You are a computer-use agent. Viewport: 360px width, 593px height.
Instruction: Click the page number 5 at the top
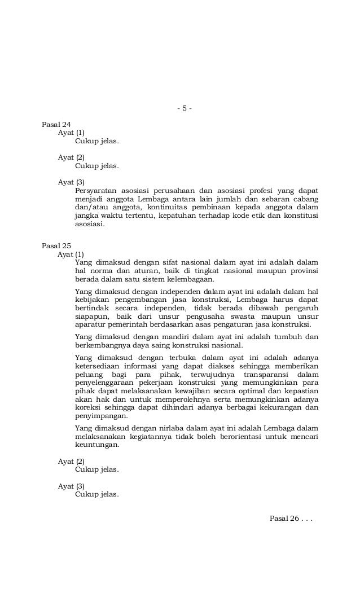click(x=184, y=108)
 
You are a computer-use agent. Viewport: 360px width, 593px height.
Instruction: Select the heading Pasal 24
click(x=56, y=124)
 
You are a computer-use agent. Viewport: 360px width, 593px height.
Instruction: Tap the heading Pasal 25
click(x=56, y=246)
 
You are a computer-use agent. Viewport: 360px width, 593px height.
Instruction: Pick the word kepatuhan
click(x=179, y=216)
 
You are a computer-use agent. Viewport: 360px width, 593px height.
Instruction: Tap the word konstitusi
click(x=299, y=216)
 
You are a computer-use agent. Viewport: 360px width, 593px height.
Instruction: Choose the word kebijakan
click(x=93, y=299)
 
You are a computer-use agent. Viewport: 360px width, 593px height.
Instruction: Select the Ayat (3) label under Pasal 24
click(x=71, y=182)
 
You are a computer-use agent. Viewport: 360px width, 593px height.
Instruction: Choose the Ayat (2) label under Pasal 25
click(x=71, y=461)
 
